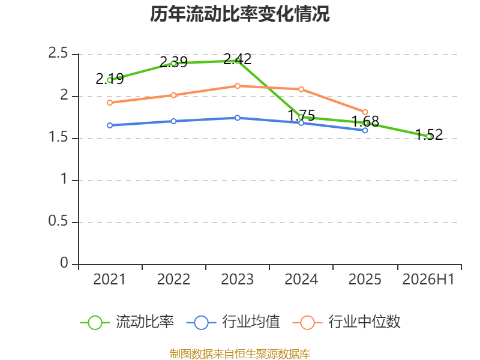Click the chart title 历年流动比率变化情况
pyautogui.click(x=239, y=14)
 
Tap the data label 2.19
pyautogui.click(x=110, y=79)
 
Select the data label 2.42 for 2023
pyautogui.click(x=237, y=59)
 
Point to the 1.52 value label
pyautogui.click(x=429, y=134)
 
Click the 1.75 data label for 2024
pyautogui.click(x=301, y=115)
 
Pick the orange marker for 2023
pyautogui.click(x=237, y=86)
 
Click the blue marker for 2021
pyautogui.click(x=110, y=125)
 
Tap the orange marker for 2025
pyautogui.click(x=365, y=112)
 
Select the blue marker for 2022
pyautogui.click(x=173, y=121)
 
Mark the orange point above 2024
pyautogui.click(x=301, y=89)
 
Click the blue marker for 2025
pyautogui.click(x=365, y=130)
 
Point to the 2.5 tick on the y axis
pyautogui.click(x=58, y=53)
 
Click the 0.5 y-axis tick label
pyautogui.click(x=58, y=221)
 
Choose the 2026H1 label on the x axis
pyautogui.click(x=428, y=280)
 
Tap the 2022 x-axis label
pyautogui.click(x=173, y=280)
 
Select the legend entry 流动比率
pyautogui.click(x=127, y=322)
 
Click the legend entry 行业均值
pyautogui.click(x=233, y=322)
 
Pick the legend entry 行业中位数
pyautogui.click(x=347, y=322)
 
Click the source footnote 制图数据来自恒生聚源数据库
pyautogui.click(x=240, y=354)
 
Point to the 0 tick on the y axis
pyautogui.click(x=64, y=263)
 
